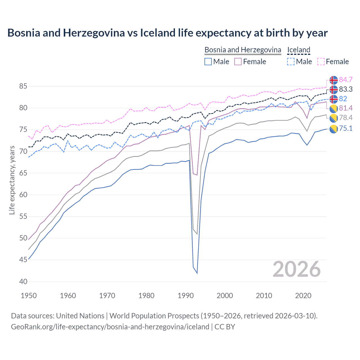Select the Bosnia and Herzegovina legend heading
[243, 50]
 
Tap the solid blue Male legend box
[208, 62]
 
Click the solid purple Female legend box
[238, 62]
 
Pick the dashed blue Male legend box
[291, 62]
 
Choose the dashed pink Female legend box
[321, 62]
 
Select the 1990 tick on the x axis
[186, 296]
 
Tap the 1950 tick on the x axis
[29, 296]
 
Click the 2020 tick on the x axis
[303, 296]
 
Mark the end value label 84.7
[346, 80]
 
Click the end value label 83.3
[346, 89]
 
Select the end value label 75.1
[346, 129]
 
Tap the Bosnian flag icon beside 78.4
[334, 118]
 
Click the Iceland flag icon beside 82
[334, 99]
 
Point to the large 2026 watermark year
[297, 269]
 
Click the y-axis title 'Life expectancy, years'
[12, 180]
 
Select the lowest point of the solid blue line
[197, 273]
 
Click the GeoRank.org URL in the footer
[110, 327]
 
